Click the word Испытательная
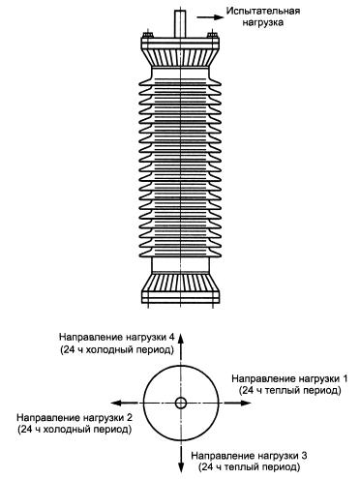(x=263, y=12)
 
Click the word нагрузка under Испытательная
(x=263, y=22)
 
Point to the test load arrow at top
(x=210, y=17)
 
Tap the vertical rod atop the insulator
(x=180, y=24)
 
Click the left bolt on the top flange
(x=148, y=34)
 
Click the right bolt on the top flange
(x=212, y=34)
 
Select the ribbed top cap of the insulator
(x=180, y=53)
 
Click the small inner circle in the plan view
(x=181, y=403)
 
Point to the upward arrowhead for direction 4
(x=181, y=341)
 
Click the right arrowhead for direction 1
(x=244, y=403)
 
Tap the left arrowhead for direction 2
(x=117, y=403)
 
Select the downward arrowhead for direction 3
(x=181, y=465)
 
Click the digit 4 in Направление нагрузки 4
(x=171, y=338)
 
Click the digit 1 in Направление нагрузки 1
(x=345, y=378)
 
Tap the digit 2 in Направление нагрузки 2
(x=129, y=418)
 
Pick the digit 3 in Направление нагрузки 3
(x=303, y=456)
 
